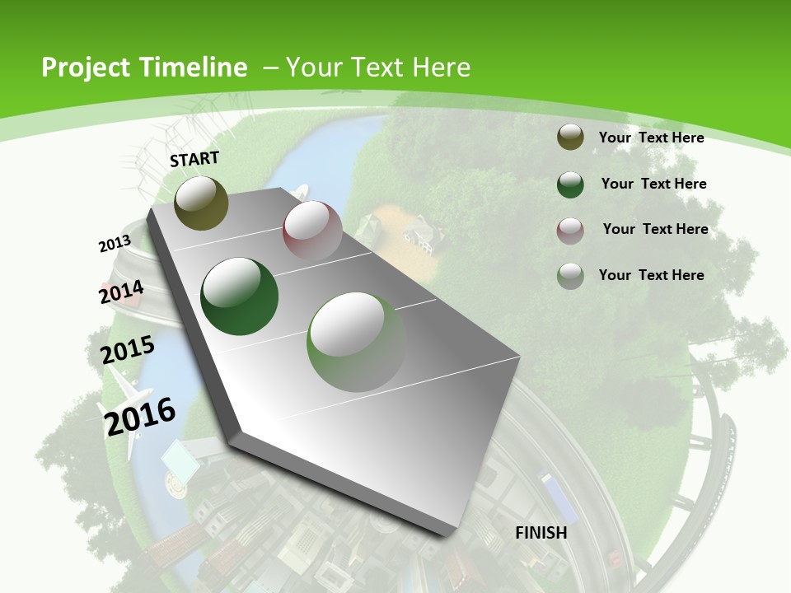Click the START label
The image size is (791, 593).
pos(194,159)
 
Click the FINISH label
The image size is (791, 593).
pos(541,533)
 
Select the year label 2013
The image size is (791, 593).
pos(115,244)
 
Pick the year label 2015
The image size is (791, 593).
pos(128,349)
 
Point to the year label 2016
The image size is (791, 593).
pos(140,415)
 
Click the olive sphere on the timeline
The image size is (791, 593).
pos(201,203)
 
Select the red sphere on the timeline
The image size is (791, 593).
pos(312,230)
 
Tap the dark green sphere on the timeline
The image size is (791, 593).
pos(240,296)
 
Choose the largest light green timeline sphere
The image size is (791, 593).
pos(356,341)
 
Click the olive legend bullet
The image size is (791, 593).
pos(570,138)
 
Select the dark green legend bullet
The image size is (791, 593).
pos(570,184)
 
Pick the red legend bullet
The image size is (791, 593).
pos(570,231)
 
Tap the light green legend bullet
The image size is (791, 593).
pos(570,276)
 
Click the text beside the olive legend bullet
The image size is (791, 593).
pos(651,138)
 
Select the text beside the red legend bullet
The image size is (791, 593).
pos(655,229)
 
